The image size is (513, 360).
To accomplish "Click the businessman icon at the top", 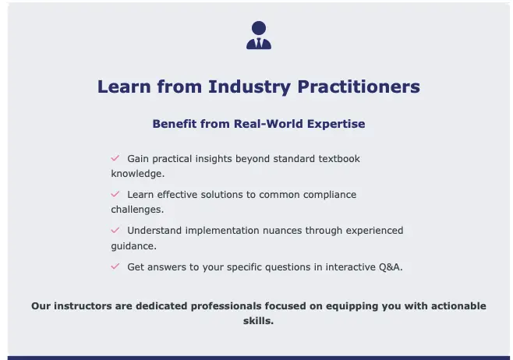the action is (x=259, y=35).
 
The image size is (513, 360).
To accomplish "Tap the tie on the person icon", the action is (x=259, y=43).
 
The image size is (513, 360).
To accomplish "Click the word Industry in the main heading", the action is (x=249, y=87).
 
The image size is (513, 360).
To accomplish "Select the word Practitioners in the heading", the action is (x=359, y=86).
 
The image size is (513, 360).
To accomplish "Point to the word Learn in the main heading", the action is (x=124, y=86).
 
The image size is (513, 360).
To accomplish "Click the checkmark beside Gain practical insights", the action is (x=115, y=158).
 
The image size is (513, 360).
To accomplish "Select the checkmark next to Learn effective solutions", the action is (x=115, y=194).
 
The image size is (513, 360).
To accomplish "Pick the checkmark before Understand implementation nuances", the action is (x=115, y=230).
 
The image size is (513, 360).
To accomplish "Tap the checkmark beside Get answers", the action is (x=115, y=266).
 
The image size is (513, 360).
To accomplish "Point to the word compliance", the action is (x=330, y=195).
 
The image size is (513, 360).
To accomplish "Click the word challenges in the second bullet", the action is (x=136, y=210).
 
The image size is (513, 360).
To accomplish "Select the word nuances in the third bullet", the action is (x=282, y=231).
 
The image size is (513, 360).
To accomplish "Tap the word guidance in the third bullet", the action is (x=133, y=246).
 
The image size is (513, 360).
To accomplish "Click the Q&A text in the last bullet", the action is (x=390, y=267).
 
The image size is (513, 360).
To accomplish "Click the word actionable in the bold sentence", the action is (x=458, y=306).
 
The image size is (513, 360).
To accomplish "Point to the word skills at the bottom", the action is (x=257, y=321).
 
